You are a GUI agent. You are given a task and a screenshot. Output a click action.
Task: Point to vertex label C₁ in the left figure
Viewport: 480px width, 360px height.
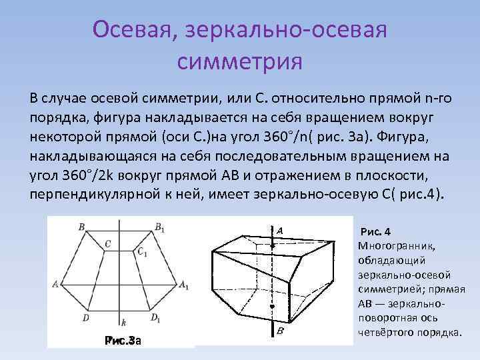[x=142, y=252]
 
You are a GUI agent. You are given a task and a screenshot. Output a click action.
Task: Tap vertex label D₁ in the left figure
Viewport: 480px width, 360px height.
[x=155, y=318]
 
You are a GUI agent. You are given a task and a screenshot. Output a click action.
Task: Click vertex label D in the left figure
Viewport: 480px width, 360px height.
[x=86, y=318]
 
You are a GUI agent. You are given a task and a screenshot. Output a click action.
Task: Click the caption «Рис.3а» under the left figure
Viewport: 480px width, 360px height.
[x=123, y=340]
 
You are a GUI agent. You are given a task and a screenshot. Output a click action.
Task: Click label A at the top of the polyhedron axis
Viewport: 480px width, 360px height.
[x=280, y=230]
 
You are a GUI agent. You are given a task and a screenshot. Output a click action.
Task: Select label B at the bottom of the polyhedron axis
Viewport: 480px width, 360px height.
[x=280, y=332]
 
